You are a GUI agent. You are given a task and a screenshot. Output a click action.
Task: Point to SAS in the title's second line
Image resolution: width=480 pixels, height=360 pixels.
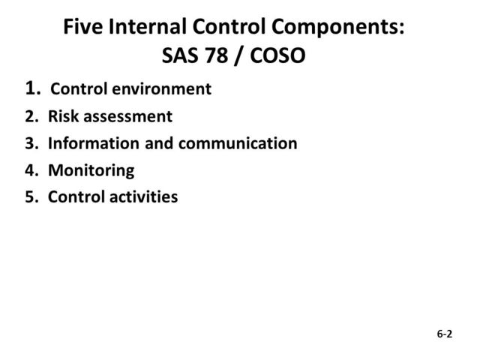(181, 57)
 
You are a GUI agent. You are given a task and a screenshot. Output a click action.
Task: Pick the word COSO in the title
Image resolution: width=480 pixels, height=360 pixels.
(278, 57)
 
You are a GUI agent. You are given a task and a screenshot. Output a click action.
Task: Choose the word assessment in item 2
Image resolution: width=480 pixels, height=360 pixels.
(129, 117)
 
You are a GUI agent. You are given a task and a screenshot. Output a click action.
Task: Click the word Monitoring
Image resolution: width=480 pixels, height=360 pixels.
(91, 170)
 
